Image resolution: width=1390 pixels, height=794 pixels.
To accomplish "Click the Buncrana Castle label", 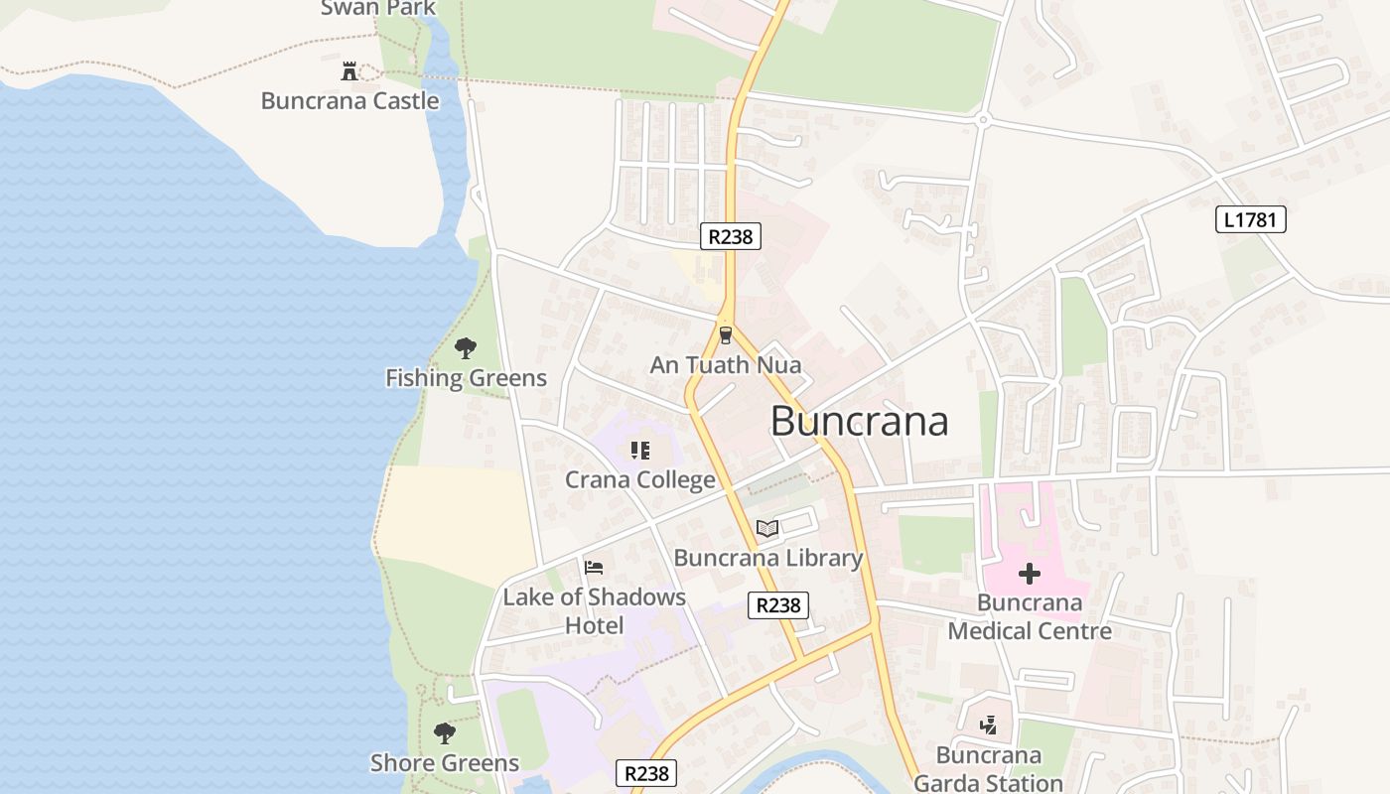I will [x=349, y=101].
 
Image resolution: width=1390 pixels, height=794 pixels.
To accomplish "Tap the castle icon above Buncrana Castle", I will [x=349, y=71].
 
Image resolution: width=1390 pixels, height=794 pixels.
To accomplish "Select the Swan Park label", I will [x=378, y=9].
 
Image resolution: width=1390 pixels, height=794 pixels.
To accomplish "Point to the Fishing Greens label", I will [x=466, y=378].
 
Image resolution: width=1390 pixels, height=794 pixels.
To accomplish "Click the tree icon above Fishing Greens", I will [x=465, y=348].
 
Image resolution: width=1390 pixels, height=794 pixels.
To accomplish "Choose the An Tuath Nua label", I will [x=725, y=365].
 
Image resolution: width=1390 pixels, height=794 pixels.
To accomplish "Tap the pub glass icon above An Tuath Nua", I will [x=726, y=335].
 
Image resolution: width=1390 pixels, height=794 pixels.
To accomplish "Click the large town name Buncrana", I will [x=859, y=421].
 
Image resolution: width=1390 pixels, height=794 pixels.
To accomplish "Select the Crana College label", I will [x=640, y=480].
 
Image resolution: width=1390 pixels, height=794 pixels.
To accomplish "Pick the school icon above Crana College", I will [x=640, y=452].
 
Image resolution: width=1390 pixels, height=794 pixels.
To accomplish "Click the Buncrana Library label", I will [x=768, y=558].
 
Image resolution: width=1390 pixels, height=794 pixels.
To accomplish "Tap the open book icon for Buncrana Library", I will [x=767, y=529].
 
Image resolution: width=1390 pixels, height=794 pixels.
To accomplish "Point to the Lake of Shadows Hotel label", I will [x=594, y=611].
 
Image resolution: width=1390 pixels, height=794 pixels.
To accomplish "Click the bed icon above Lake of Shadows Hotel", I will [x=594, y=568].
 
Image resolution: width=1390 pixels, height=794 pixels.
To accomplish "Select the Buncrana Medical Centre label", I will [x=1030, y=616].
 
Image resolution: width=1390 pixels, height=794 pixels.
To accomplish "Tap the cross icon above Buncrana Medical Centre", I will [x=1030, y=574].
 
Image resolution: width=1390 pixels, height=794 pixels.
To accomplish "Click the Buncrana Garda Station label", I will [x=988, y=769].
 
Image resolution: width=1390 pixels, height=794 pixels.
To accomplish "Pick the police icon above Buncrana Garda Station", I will [x=988, y=727].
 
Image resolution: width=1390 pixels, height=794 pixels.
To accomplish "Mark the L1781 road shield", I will [x=1250, y=219].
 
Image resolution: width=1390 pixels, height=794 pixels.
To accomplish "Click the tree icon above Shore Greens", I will [x=445, y=733].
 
